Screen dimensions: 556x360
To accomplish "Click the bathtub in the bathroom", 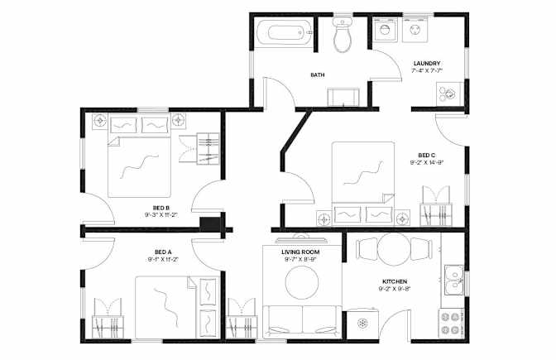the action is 285,33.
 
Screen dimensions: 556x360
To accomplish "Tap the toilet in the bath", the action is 343,35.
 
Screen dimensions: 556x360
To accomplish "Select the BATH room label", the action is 318,74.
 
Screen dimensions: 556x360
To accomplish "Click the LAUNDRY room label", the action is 427,63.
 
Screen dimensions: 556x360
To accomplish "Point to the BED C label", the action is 427,155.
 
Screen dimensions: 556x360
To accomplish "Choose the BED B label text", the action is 161,208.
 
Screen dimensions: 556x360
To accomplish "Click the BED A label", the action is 163,252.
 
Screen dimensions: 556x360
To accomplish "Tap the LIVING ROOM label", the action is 300,252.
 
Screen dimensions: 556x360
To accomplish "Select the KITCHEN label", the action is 395,281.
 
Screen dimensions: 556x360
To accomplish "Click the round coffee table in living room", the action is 302,283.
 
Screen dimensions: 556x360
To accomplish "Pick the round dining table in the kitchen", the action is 394,249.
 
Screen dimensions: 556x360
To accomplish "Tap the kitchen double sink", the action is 454,280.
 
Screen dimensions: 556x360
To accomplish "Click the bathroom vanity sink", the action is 343,97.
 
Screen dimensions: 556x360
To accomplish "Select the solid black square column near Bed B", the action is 210,224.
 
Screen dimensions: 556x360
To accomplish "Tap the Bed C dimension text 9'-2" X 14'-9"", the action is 427,163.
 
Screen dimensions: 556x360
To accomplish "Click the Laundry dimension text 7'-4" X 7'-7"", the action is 427,70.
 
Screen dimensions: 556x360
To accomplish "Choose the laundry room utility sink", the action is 449,94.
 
